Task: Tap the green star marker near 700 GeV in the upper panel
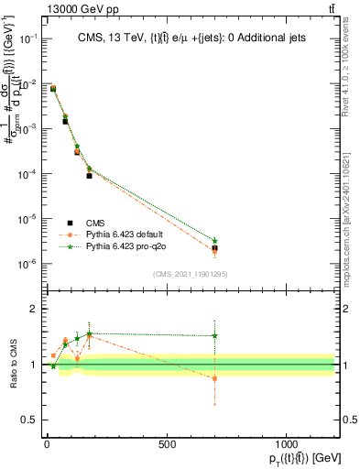214,241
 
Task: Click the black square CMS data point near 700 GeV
214,248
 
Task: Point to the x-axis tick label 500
167,444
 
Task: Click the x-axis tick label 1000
287,444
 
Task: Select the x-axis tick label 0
47,444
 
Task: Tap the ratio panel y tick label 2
32,310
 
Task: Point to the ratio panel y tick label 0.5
28,420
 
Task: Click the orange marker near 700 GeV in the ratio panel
214,378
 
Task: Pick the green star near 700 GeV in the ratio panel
214,336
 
